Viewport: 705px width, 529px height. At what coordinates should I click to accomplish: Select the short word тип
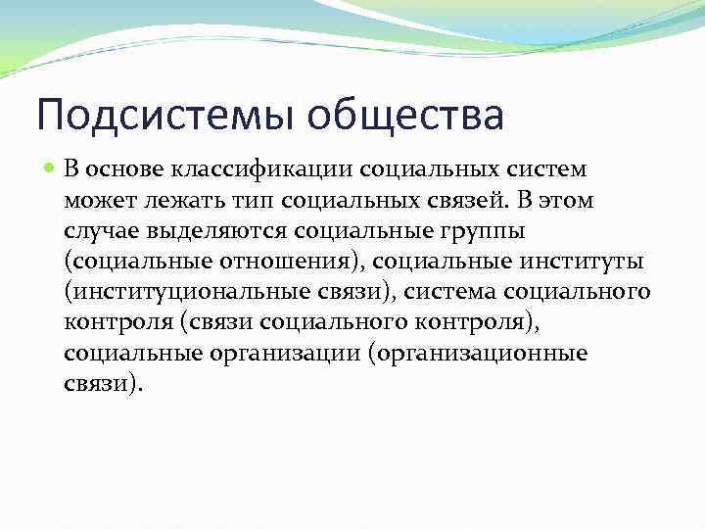pos(242,200)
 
